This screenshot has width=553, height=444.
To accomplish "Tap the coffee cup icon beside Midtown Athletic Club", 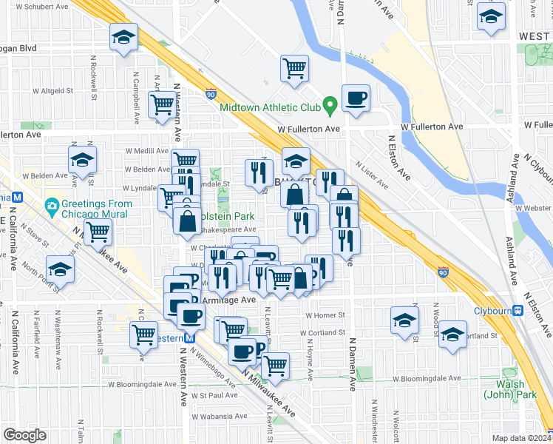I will coord(356,98).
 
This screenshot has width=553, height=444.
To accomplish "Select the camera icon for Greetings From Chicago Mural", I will coord(52,204).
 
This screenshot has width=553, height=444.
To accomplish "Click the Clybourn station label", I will coord(492,310).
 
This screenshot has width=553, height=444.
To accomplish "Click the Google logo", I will coord(24,435).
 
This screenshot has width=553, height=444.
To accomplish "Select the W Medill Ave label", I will coord(147,151).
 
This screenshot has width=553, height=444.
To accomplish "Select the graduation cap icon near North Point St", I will coord(60,269).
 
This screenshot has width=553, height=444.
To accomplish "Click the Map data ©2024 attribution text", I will coord(521,437).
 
